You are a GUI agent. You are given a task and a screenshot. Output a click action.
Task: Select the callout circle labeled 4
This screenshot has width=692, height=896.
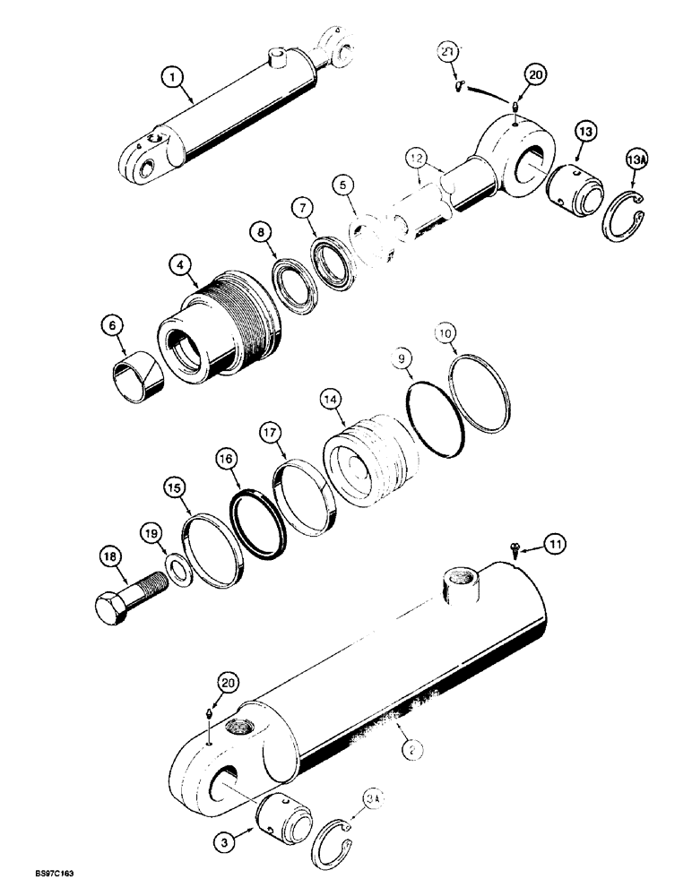pyautogui.click(x=182, y=265)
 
